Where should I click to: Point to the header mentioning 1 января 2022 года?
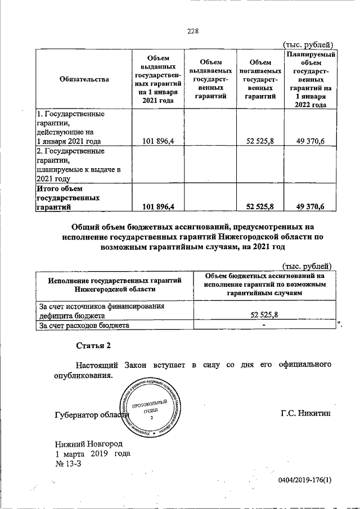[x=311, y=79]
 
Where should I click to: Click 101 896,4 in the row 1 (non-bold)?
[x=158, y=141]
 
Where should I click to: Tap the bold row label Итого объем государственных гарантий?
[x=67, y=197]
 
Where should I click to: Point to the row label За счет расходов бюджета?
[x=84, y=325]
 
